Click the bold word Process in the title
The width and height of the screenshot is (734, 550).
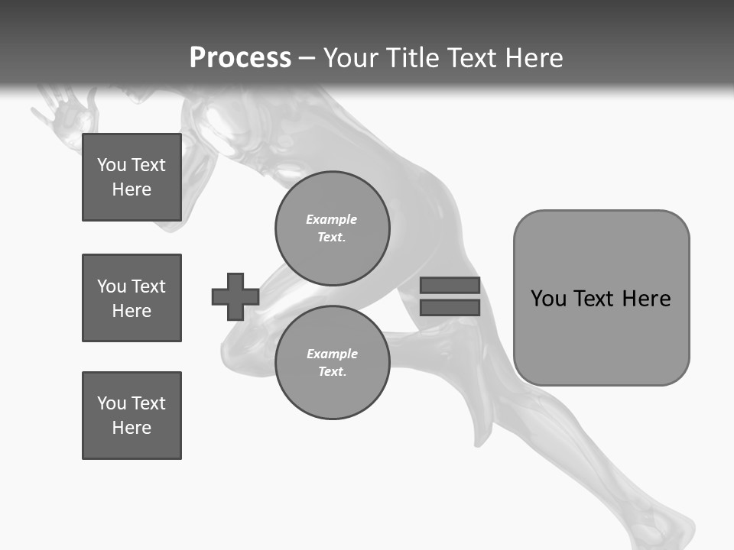pyautogui.click(x=240, y=58)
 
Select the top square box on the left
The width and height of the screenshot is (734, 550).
pyautogui.click(x=132, y=177)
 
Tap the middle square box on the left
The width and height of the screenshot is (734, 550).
pyautogui.click(x=132, y=298)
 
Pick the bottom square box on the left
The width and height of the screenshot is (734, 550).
pyautogui.click(x=132, y=416)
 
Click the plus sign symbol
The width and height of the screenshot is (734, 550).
pyautogui.click(x=235, y=296)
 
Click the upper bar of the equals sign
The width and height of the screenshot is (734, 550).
pyautogui.click(x=450, y=285)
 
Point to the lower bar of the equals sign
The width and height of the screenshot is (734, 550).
pyautogui.click(x=450, y=307)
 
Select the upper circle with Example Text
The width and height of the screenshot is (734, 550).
pyautogui.click(x=332, y=228)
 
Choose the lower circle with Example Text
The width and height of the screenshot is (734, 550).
pyautogui.click(x=332, y=363)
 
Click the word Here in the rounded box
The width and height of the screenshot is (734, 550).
pyautogui.click(x=646, y=299)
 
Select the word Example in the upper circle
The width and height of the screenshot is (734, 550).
pyautogui.click(x=331, y=219)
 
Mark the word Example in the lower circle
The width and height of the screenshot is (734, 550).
pyautogui.click(x=332, y=354)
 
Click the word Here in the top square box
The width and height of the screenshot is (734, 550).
pyautogui.click(x=132, y=189)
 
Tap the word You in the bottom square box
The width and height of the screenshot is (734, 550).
pyautogui.click(x=112, y=403)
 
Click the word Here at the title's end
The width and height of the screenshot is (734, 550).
pyautogui.click(x=534, y=58)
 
